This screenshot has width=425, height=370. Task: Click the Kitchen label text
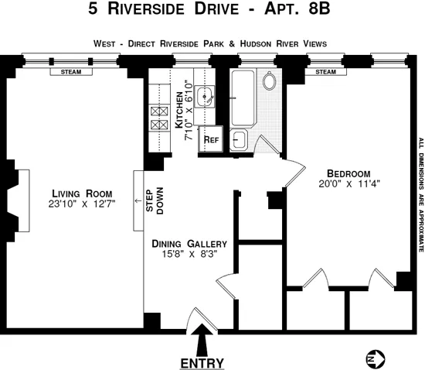pyautogui.click(x=178, y=110)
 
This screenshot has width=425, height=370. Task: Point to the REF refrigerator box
pyautogui.click(x=210, y=140)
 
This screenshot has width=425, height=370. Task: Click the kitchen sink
pyautogui.click(x=205, y=97)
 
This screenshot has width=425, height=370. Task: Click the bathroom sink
pyautogui.click(x=239, y=140)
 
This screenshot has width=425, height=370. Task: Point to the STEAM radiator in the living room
pyautogui.click(x=72, y=72)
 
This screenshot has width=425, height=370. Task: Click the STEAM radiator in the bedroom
pyautogui.click(x=325, y=72)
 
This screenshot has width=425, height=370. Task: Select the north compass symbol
pyautogui.click(x=373, y=358)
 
